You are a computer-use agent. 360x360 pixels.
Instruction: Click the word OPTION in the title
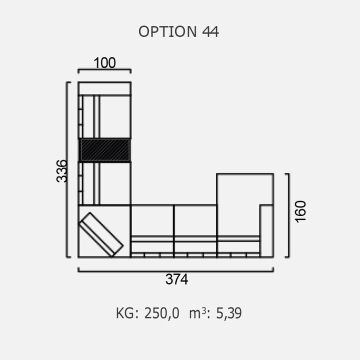click(x=167, y=31)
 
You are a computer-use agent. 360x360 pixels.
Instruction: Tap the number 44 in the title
click(x=210, y=31)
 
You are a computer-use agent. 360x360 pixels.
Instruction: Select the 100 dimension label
click(x=104, y=62)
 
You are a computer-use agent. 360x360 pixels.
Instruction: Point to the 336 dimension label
click(x=62, y=171)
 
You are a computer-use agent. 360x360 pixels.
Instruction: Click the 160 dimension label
click(x=300, y=211)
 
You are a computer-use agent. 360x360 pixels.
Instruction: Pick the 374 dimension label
click(x=177, y=279)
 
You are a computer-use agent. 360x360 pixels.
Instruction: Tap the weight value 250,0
click(x=161, y=313)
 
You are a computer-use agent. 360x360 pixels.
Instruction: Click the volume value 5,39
click(x=229, y=313)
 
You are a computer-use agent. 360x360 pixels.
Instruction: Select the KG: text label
click(x=127, y=313)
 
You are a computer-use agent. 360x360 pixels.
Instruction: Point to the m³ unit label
click(x=197, y=313)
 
